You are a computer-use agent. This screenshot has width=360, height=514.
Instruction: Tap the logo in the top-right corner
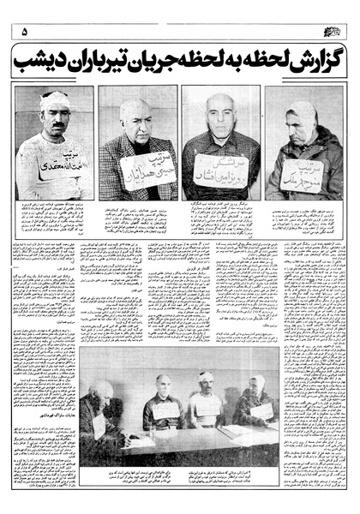[x=333, y=31]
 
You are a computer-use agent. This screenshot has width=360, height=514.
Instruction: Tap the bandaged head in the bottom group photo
[x=205, y=378]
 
